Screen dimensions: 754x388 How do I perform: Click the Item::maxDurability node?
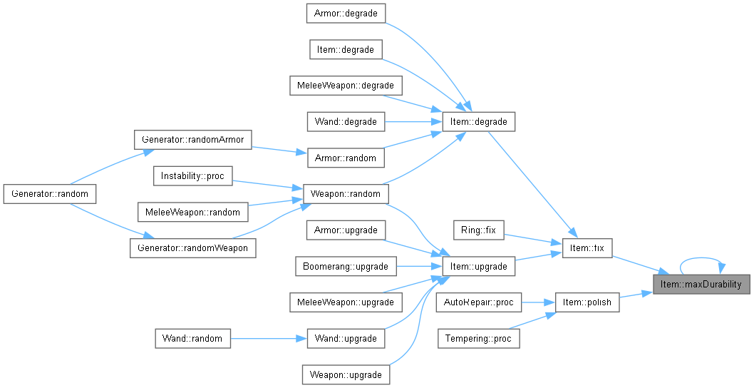click(x=701, y=285)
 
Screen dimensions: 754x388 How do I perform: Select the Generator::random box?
click(x=49, y=194)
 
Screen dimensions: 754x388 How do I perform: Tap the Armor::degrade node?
click(x=346, y=14)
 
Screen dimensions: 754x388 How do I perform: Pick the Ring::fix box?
click(x=478, y=230)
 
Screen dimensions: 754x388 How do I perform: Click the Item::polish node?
click(x=587, y=302)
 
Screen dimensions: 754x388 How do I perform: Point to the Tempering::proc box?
click(x=478, y=338)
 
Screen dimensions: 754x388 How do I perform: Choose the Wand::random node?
click(x=192, y=338)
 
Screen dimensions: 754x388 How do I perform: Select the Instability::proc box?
click(x=192, y=176)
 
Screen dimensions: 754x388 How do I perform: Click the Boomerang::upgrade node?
click(x=346, y=266)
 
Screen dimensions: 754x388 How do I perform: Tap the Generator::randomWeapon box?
click(x=192, y=248)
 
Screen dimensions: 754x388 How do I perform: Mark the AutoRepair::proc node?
click(x=478, y=302)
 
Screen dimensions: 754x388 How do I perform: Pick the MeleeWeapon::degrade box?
click(x=346, y=86)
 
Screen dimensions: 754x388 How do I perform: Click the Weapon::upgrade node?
click(x=346, y=374)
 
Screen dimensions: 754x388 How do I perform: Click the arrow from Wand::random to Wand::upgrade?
click(x=269, y=338)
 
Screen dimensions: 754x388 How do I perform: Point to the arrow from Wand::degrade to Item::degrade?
click(x=413, y=122)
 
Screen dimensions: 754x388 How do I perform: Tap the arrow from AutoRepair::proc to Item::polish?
click(x=538, y=302)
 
